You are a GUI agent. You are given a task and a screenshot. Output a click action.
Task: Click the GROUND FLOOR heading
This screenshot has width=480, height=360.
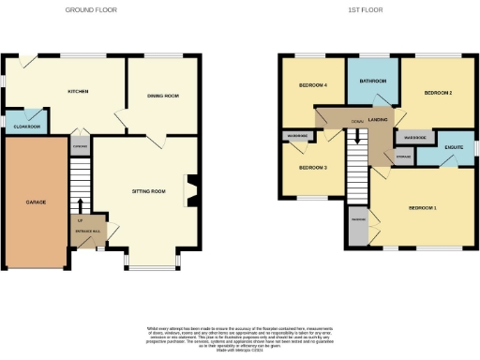click(x=90, y=9)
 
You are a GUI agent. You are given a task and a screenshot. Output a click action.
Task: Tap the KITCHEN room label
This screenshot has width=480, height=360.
click(x=77, y=92)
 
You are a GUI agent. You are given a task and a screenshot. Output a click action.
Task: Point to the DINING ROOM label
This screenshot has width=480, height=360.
click(x=163, y=95)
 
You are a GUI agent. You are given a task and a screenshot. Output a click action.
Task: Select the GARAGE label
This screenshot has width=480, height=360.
click(x=35, y=202)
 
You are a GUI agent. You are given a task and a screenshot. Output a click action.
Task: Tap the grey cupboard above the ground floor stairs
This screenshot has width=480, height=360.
click(x=81, y=147)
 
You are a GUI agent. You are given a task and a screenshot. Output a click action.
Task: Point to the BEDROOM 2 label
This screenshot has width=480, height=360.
click(x=438, y=94)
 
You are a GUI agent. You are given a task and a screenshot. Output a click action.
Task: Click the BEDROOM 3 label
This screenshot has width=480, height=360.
click(x=312, y=168)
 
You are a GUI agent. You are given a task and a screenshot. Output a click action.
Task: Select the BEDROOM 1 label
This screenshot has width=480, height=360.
click(x=421, y=206)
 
